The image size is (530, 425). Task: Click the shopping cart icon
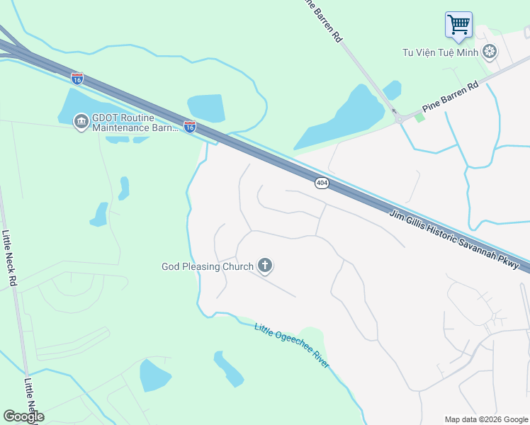pos(458,25)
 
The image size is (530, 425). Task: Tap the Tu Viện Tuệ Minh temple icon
pos(489,52)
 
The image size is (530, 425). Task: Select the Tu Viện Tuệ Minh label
pos(440,52)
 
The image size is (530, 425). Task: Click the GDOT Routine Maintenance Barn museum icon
pos(81,123)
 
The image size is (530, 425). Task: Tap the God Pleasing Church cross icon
pos(265,266)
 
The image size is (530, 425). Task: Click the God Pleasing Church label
pos(208,267)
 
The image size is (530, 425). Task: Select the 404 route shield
pos(322,183)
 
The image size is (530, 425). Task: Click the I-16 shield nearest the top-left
pos(77,78)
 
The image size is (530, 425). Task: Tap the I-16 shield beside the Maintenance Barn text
pos(190,127)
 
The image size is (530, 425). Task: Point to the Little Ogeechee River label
pos(292,344)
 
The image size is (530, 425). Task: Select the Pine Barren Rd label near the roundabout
pos(450,96)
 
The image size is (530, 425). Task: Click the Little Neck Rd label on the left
pos(9,259)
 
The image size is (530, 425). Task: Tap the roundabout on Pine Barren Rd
pos(400,118)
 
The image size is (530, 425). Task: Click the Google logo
pos(23,416)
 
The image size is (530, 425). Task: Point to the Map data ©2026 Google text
pos(486,419)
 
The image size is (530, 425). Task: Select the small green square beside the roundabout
pos(419,117)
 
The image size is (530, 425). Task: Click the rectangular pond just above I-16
pos(206,108)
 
